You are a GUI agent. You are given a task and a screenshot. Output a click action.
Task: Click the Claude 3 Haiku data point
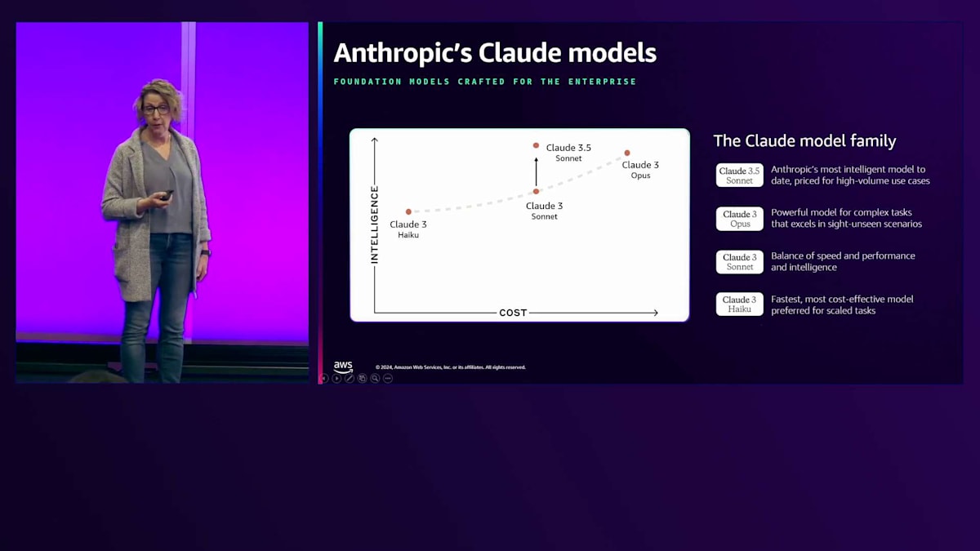408,211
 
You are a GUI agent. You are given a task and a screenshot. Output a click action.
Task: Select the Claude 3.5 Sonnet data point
536,145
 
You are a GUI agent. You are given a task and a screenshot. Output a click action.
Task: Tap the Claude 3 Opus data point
627,153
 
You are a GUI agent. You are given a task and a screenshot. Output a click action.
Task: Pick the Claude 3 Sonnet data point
536,191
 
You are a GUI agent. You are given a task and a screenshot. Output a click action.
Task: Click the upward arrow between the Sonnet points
536,172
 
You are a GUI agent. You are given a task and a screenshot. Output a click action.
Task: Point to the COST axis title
513,313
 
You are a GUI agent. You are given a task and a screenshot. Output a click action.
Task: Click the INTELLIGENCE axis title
375,224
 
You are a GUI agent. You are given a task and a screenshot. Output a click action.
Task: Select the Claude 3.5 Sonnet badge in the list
739,176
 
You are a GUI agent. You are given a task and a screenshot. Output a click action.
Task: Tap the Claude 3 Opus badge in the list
739,219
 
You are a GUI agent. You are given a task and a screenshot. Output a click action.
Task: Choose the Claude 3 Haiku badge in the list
739,304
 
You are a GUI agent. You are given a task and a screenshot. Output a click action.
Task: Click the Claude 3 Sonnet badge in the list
739,262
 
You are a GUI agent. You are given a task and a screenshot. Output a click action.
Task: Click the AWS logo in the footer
343,367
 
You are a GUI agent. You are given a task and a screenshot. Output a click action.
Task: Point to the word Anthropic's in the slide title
403,53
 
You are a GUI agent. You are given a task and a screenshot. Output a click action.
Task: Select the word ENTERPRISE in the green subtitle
602,82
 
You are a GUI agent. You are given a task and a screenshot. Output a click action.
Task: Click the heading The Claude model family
804,140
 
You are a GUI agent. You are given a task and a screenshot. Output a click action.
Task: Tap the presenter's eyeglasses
156,109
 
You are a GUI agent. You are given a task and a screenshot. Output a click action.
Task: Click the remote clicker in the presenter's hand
167,195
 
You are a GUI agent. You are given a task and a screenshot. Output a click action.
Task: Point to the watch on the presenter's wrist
206,253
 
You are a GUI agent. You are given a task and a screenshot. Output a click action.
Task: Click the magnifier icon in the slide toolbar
375,378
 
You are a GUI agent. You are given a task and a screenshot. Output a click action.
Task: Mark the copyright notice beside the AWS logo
451,367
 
